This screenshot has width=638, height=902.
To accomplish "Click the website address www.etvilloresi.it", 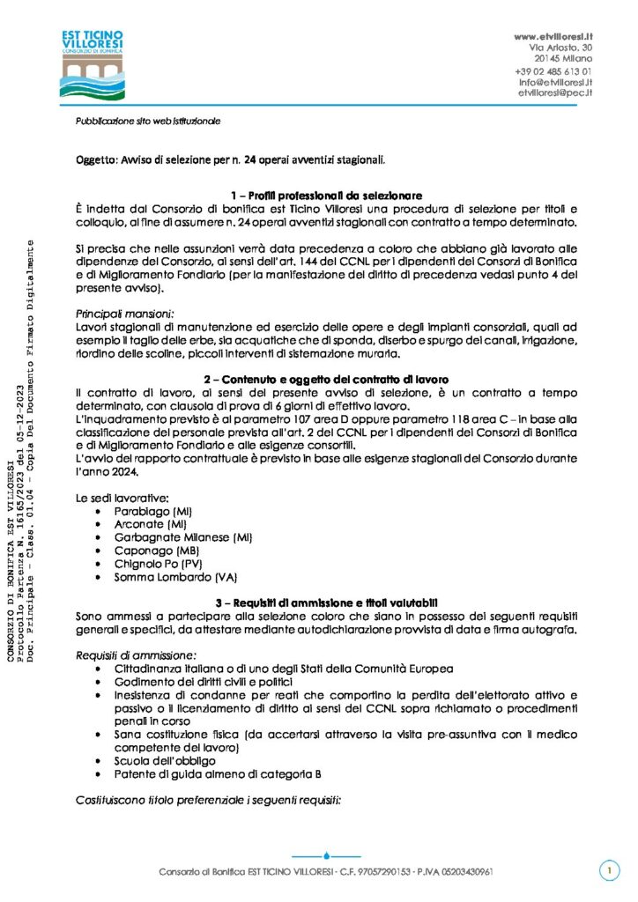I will (x=553, y=35).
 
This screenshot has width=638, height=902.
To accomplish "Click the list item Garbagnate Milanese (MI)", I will (x=171, y=537).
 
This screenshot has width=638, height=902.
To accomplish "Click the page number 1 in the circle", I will (x=608, y=871).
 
